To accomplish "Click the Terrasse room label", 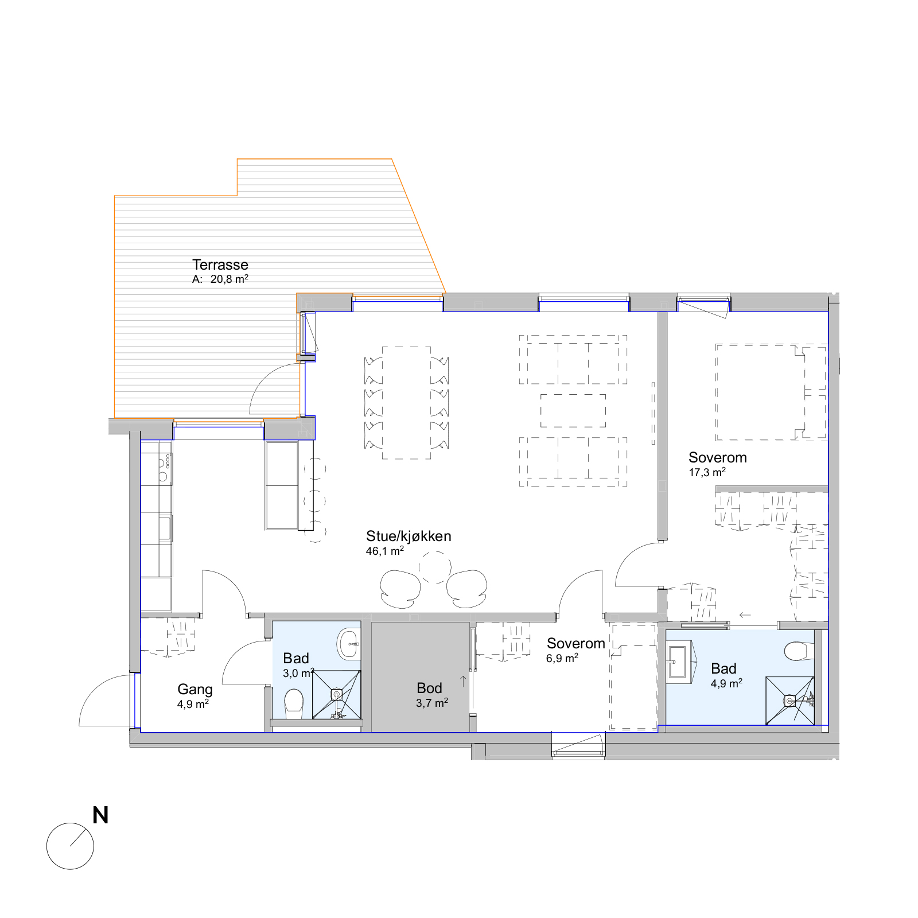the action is (x=220, y=264).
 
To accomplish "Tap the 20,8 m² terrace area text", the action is (x=229, y=279).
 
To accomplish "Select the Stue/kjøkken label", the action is (x=409, y=536).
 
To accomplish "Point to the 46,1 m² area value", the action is (x=385, y=551).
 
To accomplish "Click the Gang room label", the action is (x=195, y=690).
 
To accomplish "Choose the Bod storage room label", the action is (x=429, y=688).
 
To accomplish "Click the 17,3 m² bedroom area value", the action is (x=707, y=472).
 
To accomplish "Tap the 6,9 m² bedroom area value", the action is (x=562, y=658).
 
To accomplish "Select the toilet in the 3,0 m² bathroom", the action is (x=294, y=704).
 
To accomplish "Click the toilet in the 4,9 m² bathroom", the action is (x=798, y=651).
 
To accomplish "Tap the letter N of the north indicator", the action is (x=100, y=815).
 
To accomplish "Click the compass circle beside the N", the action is (x=70, y=846).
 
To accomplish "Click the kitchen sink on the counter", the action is (x=165, y=528).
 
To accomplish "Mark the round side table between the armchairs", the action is (x=435, y=567).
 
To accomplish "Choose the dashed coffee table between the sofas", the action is (x=573, y=411).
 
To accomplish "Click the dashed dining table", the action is (x=407, y=403).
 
